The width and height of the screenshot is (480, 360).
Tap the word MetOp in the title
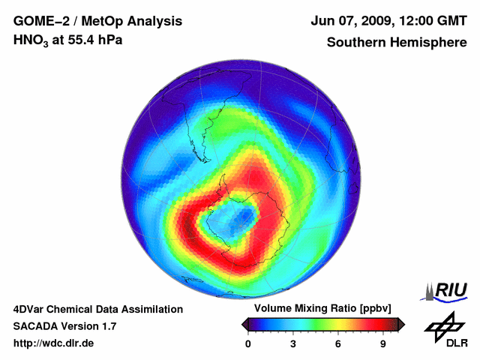tap(113, 21)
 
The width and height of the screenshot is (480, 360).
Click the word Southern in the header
tap(353, 42)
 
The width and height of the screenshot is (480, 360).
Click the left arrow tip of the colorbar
tap(244, 324)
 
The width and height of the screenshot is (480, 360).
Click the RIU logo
tap(448, 290)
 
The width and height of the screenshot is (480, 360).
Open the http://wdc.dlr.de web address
tap(54, 343)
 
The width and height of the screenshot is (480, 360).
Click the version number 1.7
tap(106, 326)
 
